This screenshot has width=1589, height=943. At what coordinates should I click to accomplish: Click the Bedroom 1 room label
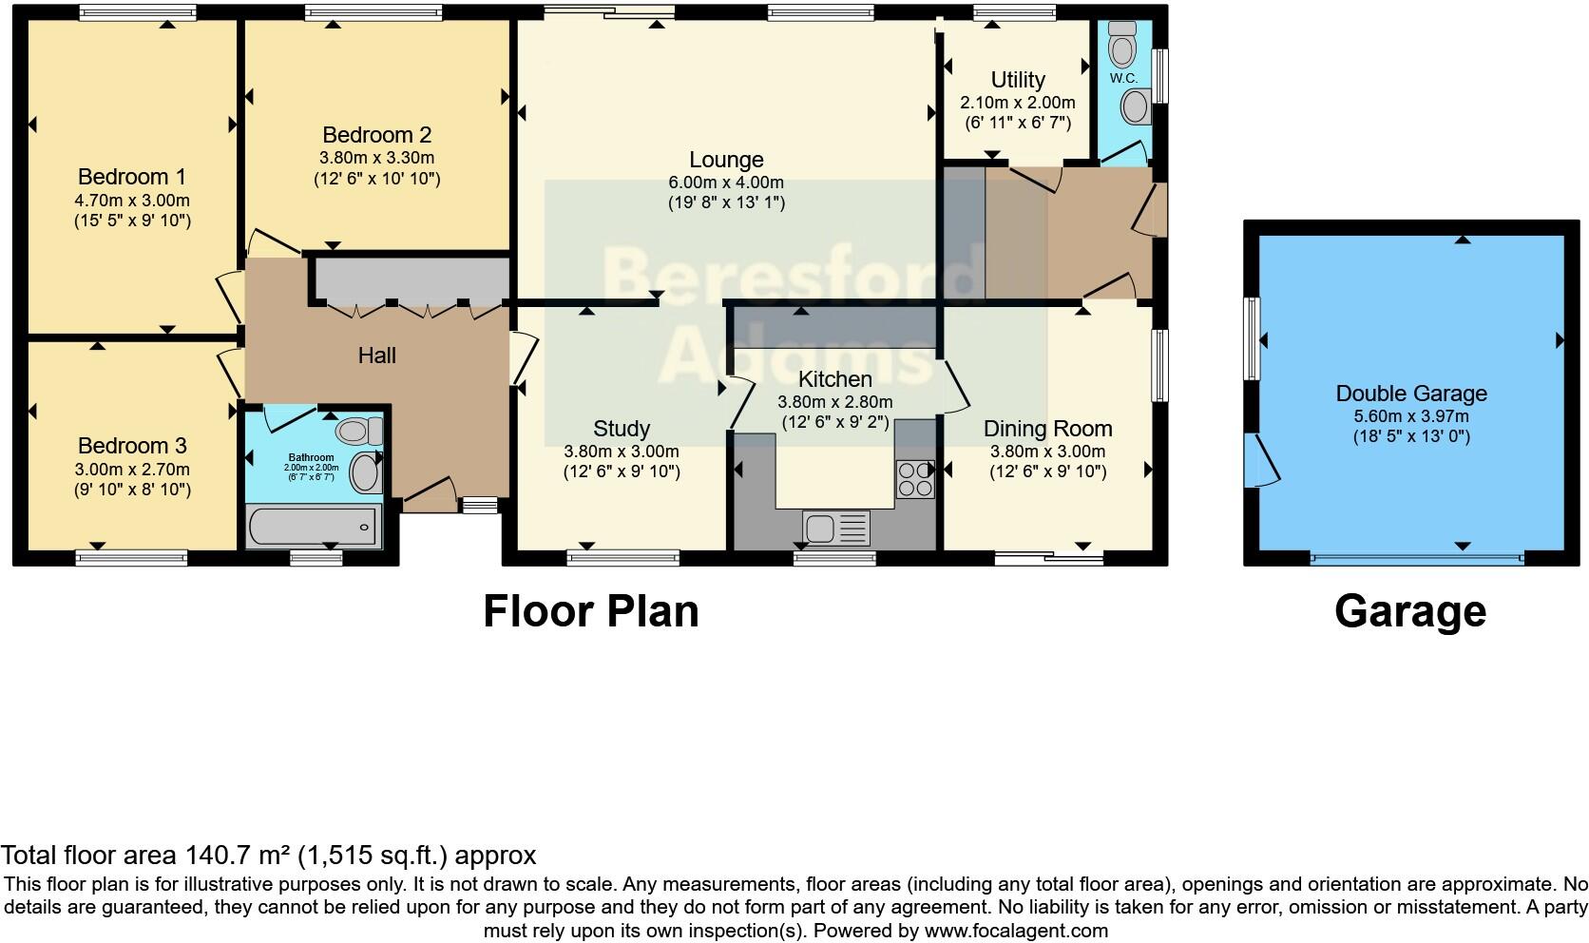click(x=131, y=177)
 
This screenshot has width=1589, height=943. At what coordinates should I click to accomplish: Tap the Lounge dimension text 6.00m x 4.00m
click(x=726, y=183)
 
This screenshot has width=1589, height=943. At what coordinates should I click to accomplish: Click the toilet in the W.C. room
click(x=1123, y=43)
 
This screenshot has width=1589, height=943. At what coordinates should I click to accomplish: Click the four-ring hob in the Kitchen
click(x=915, y=479)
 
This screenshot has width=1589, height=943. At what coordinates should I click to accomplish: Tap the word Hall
click(x=376, y=356)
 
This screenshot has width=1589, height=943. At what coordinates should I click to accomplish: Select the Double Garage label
click(x=1411, y=394)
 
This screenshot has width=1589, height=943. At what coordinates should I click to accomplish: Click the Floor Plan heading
click(x=590, y=611)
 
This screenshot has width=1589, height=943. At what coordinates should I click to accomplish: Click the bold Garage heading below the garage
click(x=1409, y=611)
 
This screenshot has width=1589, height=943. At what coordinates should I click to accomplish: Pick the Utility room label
click(x=1017, y=80)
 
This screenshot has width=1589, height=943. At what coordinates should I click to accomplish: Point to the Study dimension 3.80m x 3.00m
click(x=622, y=452)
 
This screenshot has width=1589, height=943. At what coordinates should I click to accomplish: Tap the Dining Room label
click(x=1047, y=429)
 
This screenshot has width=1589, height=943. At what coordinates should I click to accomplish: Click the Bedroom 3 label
click(x=131, y=446)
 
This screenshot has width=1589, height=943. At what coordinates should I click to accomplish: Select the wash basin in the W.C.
click(x=1134, y=106)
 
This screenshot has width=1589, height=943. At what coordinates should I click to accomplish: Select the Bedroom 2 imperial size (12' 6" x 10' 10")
click(x=377, y=179)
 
